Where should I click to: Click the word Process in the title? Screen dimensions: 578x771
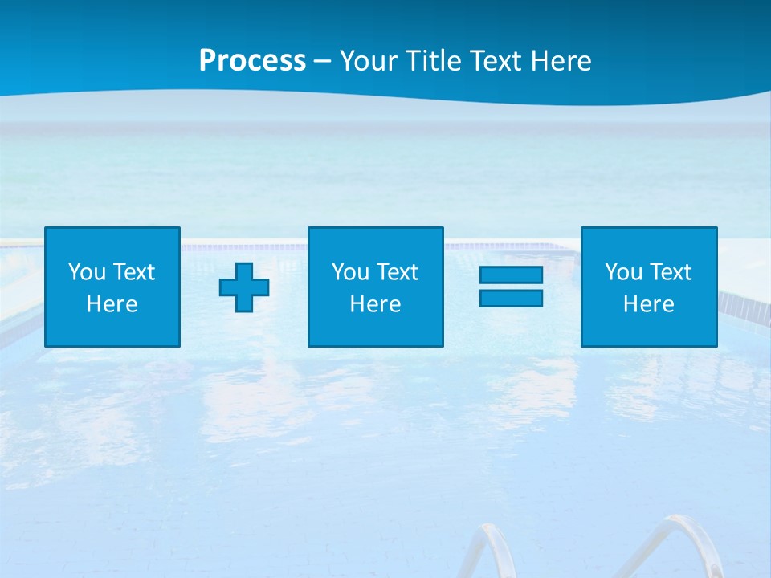coord(252,61)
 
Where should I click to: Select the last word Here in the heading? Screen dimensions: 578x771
coord(561,61)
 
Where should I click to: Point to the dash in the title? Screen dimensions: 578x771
coord(322,62)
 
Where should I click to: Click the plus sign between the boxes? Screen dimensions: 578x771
coord(244,287)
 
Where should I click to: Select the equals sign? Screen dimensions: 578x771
coord(511,287)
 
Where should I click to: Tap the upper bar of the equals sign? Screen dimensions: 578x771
coord(511,275)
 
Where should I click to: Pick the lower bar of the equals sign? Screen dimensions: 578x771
coord(511,298)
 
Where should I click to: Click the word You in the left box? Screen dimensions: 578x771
coord(87,272)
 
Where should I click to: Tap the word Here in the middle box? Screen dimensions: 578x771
coord(376,304)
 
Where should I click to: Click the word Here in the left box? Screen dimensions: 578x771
coord(112,304)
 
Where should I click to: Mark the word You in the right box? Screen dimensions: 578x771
coord(623,272)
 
